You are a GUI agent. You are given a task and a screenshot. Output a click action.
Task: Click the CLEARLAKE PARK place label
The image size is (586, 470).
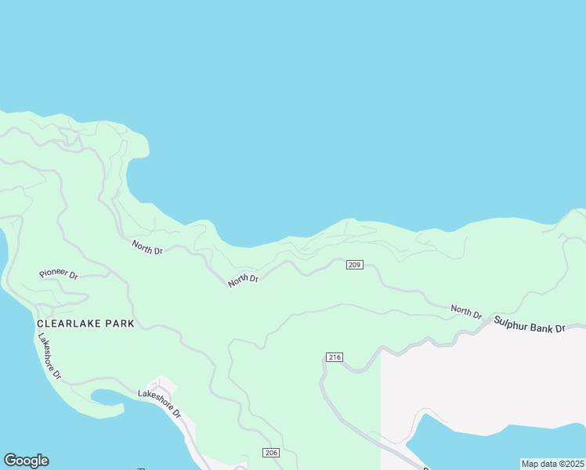(x=85, y=324)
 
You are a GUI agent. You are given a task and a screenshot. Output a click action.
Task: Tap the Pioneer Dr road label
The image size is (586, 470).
(x=59, y=275)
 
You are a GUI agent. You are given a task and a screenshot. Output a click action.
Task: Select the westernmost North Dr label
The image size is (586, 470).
(x=147, y=248)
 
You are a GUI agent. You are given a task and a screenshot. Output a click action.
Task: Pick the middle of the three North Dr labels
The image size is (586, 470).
(x=243, y=280)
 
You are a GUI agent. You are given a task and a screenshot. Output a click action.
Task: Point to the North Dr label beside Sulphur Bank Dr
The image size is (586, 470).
(x=466, y=312)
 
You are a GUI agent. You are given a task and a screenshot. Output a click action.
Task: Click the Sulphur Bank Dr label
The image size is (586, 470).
(x=529, y=324)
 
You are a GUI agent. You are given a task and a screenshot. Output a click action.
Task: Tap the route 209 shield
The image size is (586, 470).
(x=354, y=265)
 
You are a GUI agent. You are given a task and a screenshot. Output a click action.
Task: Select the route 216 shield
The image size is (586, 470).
(x=335, y=357)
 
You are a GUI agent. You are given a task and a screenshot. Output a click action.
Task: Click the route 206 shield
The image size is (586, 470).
(x=271, y=454)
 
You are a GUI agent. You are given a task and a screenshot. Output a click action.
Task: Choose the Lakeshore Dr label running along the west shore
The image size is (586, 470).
(x=49, y=356)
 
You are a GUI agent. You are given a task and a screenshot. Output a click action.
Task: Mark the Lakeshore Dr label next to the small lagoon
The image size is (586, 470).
(x=160, y=403)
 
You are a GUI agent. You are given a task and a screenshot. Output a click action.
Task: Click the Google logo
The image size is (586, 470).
(x=26, y=461)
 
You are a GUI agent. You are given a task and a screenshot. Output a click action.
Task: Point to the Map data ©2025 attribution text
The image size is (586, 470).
(x=552, y=464)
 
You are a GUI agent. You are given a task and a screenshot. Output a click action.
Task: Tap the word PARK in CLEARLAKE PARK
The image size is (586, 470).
(x=119, y=324)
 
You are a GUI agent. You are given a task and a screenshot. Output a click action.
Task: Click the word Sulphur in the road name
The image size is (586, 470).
(x=511, y=321)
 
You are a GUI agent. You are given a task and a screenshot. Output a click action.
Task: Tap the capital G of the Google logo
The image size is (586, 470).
(x=10, y=461)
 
